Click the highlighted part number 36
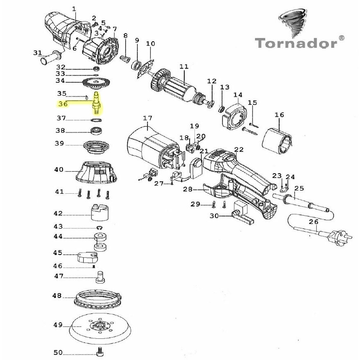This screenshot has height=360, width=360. [63, 104]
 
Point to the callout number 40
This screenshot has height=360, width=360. [59, 170]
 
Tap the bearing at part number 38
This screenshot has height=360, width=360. [96, 131]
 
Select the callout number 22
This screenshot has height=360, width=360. [239, 150]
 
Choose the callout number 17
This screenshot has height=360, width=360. [148, 118]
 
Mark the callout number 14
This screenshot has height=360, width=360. [238, 95]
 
